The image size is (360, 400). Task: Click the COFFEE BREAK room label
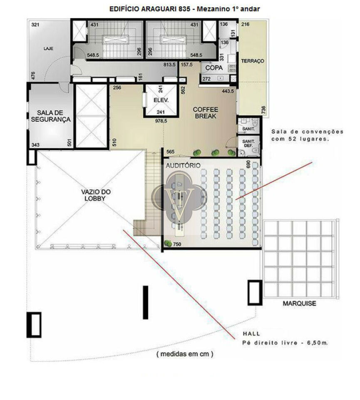click(205, 113)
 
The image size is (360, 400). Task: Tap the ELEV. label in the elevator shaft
click(161, 100)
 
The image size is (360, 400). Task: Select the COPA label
click(214, 68)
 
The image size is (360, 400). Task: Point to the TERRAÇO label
click(253, 61)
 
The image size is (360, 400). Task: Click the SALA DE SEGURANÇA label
click(50, 116)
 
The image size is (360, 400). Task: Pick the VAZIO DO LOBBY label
click(96, 195)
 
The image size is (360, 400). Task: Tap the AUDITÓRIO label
click(183, 165)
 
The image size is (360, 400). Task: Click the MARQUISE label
click(299, 303)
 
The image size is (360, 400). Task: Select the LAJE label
click(48, 48)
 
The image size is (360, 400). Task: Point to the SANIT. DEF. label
click(248, 143)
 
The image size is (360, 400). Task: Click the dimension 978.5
click(161, 121)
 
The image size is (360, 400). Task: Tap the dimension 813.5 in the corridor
click(169, 65)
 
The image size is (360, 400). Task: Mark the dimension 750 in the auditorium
click(177, 244)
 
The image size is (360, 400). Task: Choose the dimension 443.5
click(228, 91)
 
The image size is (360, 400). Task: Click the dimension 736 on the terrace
click(264, 110)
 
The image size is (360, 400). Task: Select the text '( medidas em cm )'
click(185, 354)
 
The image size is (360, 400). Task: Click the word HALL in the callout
click(251, 334)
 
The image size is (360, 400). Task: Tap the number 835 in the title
click(185, 9)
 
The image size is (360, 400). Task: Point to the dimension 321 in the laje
click(35, 25)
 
